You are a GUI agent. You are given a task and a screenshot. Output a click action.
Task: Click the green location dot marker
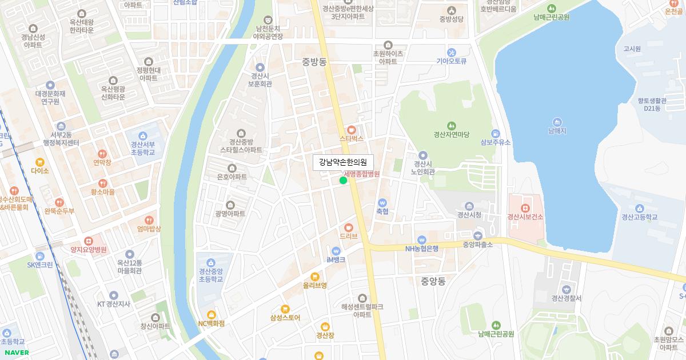coord(343,181)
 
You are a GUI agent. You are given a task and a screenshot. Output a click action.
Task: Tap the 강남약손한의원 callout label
coord(343,162)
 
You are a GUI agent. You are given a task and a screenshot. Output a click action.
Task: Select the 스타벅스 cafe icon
coord(352,130)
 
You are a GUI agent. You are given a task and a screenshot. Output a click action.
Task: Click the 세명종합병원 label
coord(361,173)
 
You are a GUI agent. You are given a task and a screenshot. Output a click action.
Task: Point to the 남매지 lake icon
coord(557,122)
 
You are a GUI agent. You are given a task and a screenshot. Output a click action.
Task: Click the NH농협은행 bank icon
coord(422,239)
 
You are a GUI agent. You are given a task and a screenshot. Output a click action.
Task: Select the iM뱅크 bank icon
coord(336,250)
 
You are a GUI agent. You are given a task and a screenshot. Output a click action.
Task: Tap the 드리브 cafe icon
coord(348,227)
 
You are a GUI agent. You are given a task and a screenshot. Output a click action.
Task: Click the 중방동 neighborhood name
coord(314,62)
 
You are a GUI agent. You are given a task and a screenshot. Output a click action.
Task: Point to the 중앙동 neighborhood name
coord(433,281)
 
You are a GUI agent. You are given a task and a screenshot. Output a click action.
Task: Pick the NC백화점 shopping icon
coord(212,314)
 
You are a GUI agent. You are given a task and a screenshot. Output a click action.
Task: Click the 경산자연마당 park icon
coord(452,126)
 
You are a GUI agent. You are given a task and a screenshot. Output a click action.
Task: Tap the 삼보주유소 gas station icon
coord(495,133)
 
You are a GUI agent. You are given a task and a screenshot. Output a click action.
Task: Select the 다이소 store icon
coord(40,162)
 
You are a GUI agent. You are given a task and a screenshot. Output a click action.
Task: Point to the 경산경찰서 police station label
coord(566,298)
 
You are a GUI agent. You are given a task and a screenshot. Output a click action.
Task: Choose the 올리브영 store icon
coord(314,277)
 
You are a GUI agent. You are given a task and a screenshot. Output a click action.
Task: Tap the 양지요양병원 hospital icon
coord(89,241)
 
